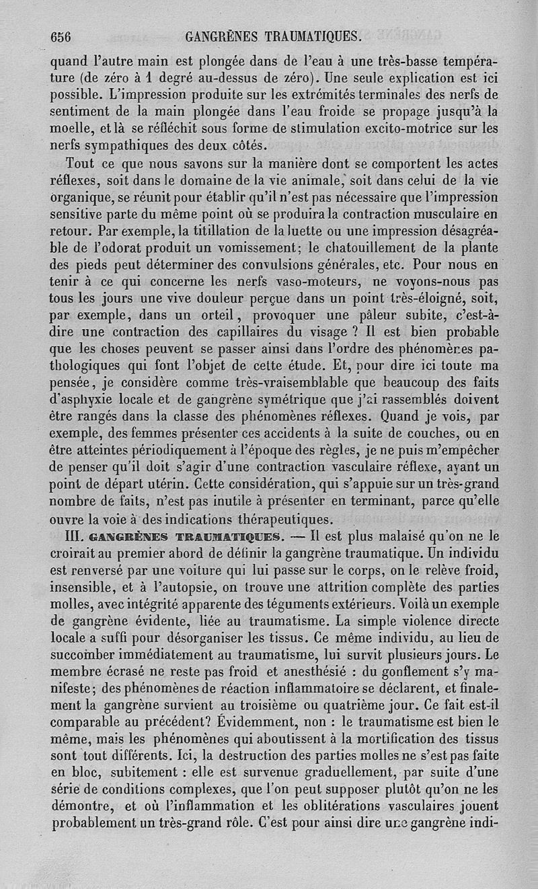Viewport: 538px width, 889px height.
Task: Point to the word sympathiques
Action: click(125, 143)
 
